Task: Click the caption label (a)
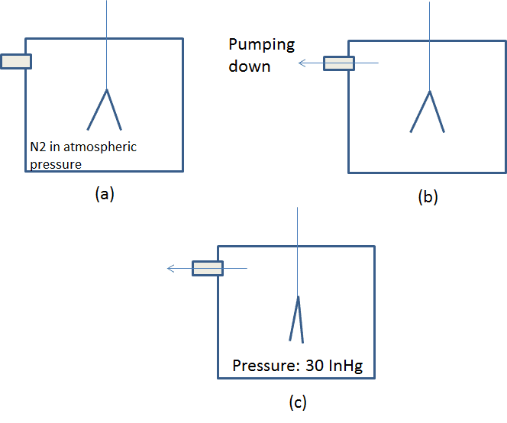coord(105,194)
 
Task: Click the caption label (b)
coord(428,197)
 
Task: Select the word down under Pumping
coord(250,66)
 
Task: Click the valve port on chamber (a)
coord(16,61)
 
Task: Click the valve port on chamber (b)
coord(339,63)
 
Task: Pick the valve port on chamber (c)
coord(207,268)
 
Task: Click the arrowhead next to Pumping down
coord(302,63)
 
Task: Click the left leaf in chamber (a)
coord(97,109)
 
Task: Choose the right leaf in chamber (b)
coord(438,112)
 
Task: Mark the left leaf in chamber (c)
coord(293,318)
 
